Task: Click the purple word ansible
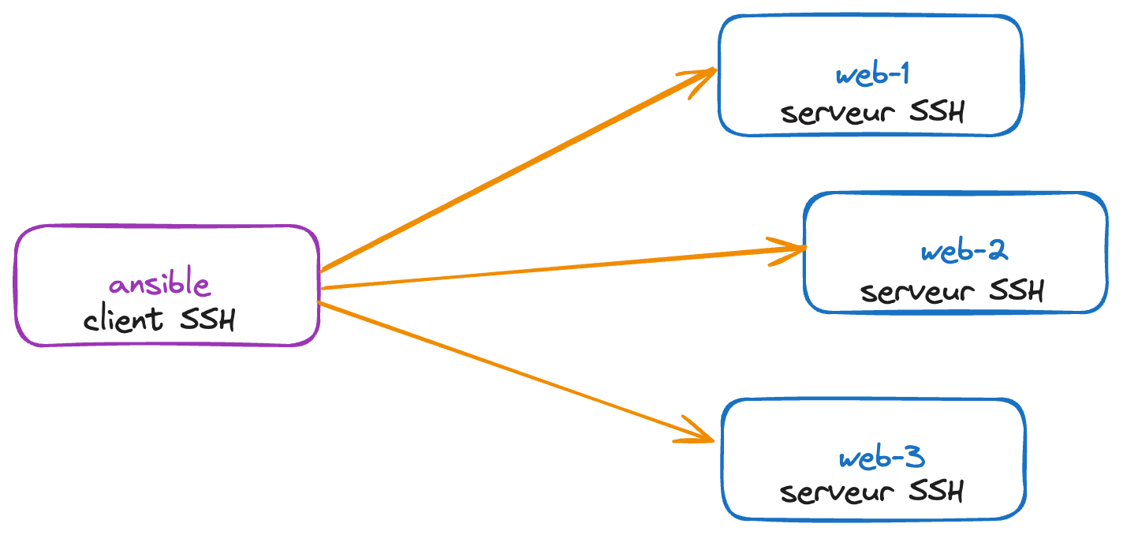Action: (x=160, y=285)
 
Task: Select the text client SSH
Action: (x=160, y=320)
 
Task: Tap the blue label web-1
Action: (x=872, y=75)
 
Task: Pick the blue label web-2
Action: (x=964, y=252)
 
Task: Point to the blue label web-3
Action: (x=881, y=458)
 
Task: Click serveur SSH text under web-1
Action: (x=872, y=113)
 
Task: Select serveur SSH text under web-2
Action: (x=952, y=291)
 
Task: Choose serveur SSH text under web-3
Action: (x=871, y=492)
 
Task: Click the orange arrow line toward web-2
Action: (x=552, y=269)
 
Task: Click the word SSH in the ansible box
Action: (x=208, y=320)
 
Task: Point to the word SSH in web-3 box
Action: (x=936, y=492)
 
